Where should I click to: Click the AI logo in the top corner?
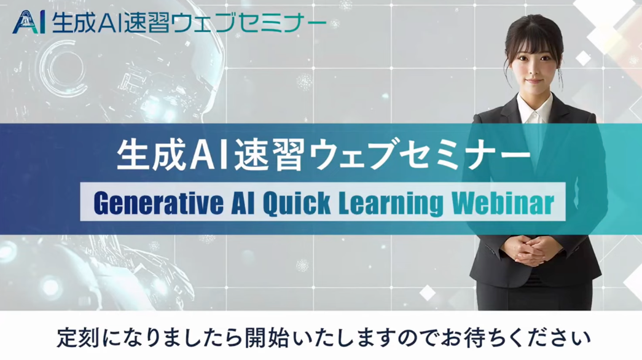(x=29, y=23)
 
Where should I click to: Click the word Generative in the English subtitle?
(x=159, y=203)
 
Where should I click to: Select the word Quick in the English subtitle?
(x=297, y=203)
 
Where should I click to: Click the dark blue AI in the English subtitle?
(x=243, y=203)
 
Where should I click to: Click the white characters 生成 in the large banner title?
(x=151, y=155)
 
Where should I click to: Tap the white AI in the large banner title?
(x=209, y=155)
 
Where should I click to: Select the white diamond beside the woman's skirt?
(x=428, y=292)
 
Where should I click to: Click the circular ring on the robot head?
(x=61, y=67)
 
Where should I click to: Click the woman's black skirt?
(x=534, y=293)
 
